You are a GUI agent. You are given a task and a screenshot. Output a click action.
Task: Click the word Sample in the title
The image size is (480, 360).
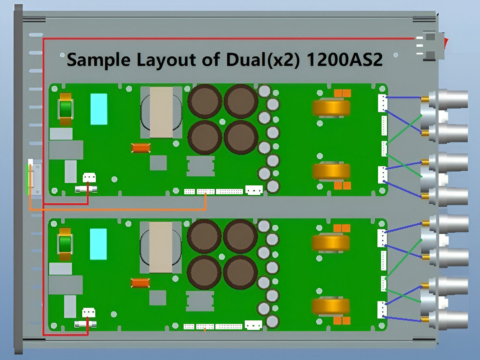pyautogui.click(x=98, y=59)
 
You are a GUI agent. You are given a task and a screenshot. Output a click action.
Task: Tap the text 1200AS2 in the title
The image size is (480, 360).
pyautogui.click(x=345, y=59)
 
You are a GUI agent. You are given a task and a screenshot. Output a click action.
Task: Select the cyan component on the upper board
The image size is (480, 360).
pyautogui.click(x=99, y=109)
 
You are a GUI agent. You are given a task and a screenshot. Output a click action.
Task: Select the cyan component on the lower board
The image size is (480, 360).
pyautogui.click(x=98, y=244)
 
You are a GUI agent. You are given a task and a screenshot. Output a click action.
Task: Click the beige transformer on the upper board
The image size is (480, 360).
pyautogui.click(x=161, y=112)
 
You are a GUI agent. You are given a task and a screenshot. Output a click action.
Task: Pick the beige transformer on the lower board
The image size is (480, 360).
pyautogui.click(x=160, y=247)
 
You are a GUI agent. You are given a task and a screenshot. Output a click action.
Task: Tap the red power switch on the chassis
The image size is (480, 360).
pyautogui.click(x=446, y=43)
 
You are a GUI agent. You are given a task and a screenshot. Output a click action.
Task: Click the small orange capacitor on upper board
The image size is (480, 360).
pyautogui.click(x=141, y=148)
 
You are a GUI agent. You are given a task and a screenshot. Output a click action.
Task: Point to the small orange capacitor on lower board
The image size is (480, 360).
pyautogui.click(x=140, y=283)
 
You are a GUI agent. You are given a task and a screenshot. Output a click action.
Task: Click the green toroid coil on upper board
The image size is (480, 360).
pyautogui.click(x=65, y=109)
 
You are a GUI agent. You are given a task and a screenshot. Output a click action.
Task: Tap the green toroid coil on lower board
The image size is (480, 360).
pyautogui.click(x=65, y=244)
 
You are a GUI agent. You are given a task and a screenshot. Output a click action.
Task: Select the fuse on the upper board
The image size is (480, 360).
pyautogui.click(x=86, y=189)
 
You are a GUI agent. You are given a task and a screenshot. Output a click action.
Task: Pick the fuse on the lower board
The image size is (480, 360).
pyautogui.click(x=85, y=324)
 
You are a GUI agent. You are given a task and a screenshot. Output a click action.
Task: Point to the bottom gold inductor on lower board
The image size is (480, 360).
pyautogui.click(x=331, y=307)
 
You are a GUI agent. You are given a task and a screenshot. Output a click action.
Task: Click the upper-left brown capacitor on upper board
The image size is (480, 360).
pyautogui.click(x=205, y=101)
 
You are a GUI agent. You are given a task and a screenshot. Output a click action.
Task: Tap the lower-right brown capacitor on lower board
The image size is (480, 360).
pyautogui.click(x=240, y=272)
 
